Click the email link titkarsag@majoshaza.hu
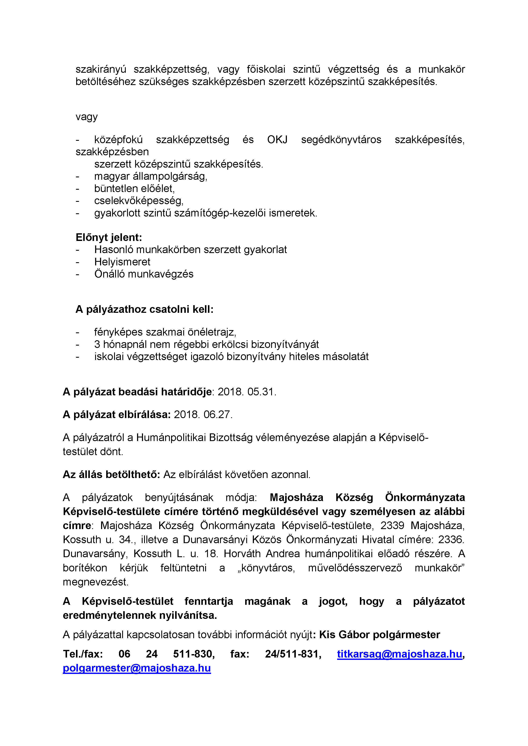click(x=399, y=654)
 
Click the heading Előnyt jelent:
click(x=109, y=238)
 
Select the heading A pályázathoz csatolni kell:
click(x=144, y=309)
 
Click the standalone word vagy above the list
click(x=86, y=117)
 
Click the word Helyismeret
click(x=122, y=262)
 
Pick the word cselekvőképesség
click(x=139, y=201)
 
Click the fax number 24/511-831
click(x=293, y=654)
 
